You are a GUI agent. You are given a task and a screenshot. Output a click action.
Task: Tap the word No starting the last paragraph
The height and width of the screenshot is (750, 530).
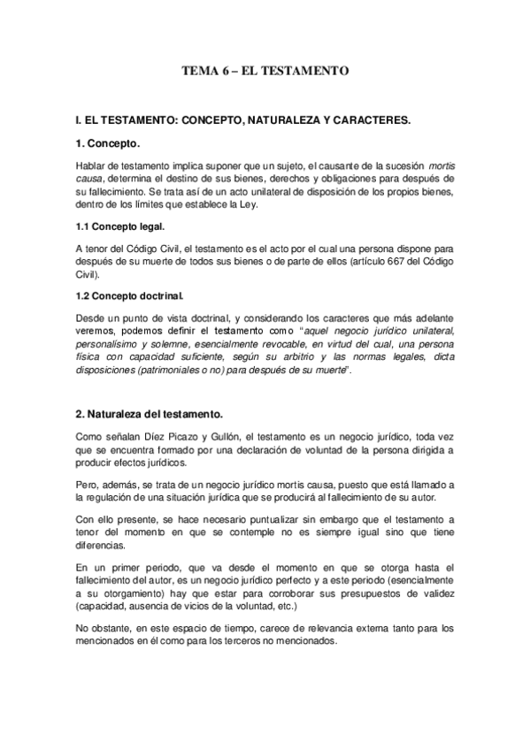point(82,629)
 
